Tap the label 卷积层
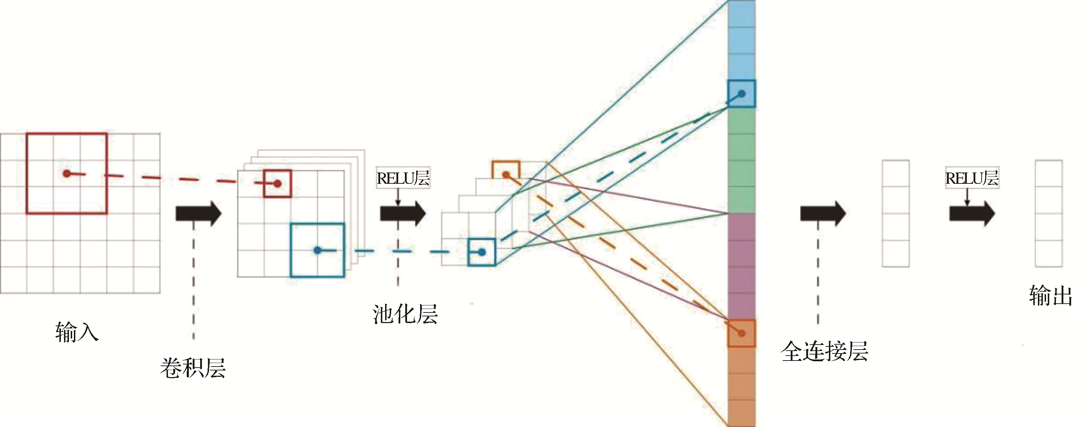click(x=193, y=368)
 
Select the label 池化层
click(x=405, y=314)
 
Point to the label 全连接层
click(x=824, y=351)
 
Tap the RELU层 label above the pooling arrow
click(x=403, y=178)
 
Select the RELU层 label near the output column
click(x=972, y=178)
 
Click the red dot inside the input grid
click(x=66, y=173)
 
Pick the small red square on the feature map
click(x=277, y=183)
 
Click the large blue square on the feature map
click(x=318, y=250)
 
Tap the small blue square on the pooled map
click(x=481, y=252)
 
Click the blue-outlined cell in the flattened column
click(x=742, y=94)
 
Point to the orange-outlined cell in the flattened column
click(x=742, y=333)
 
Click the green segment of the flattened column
click(x=742, y=160)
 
